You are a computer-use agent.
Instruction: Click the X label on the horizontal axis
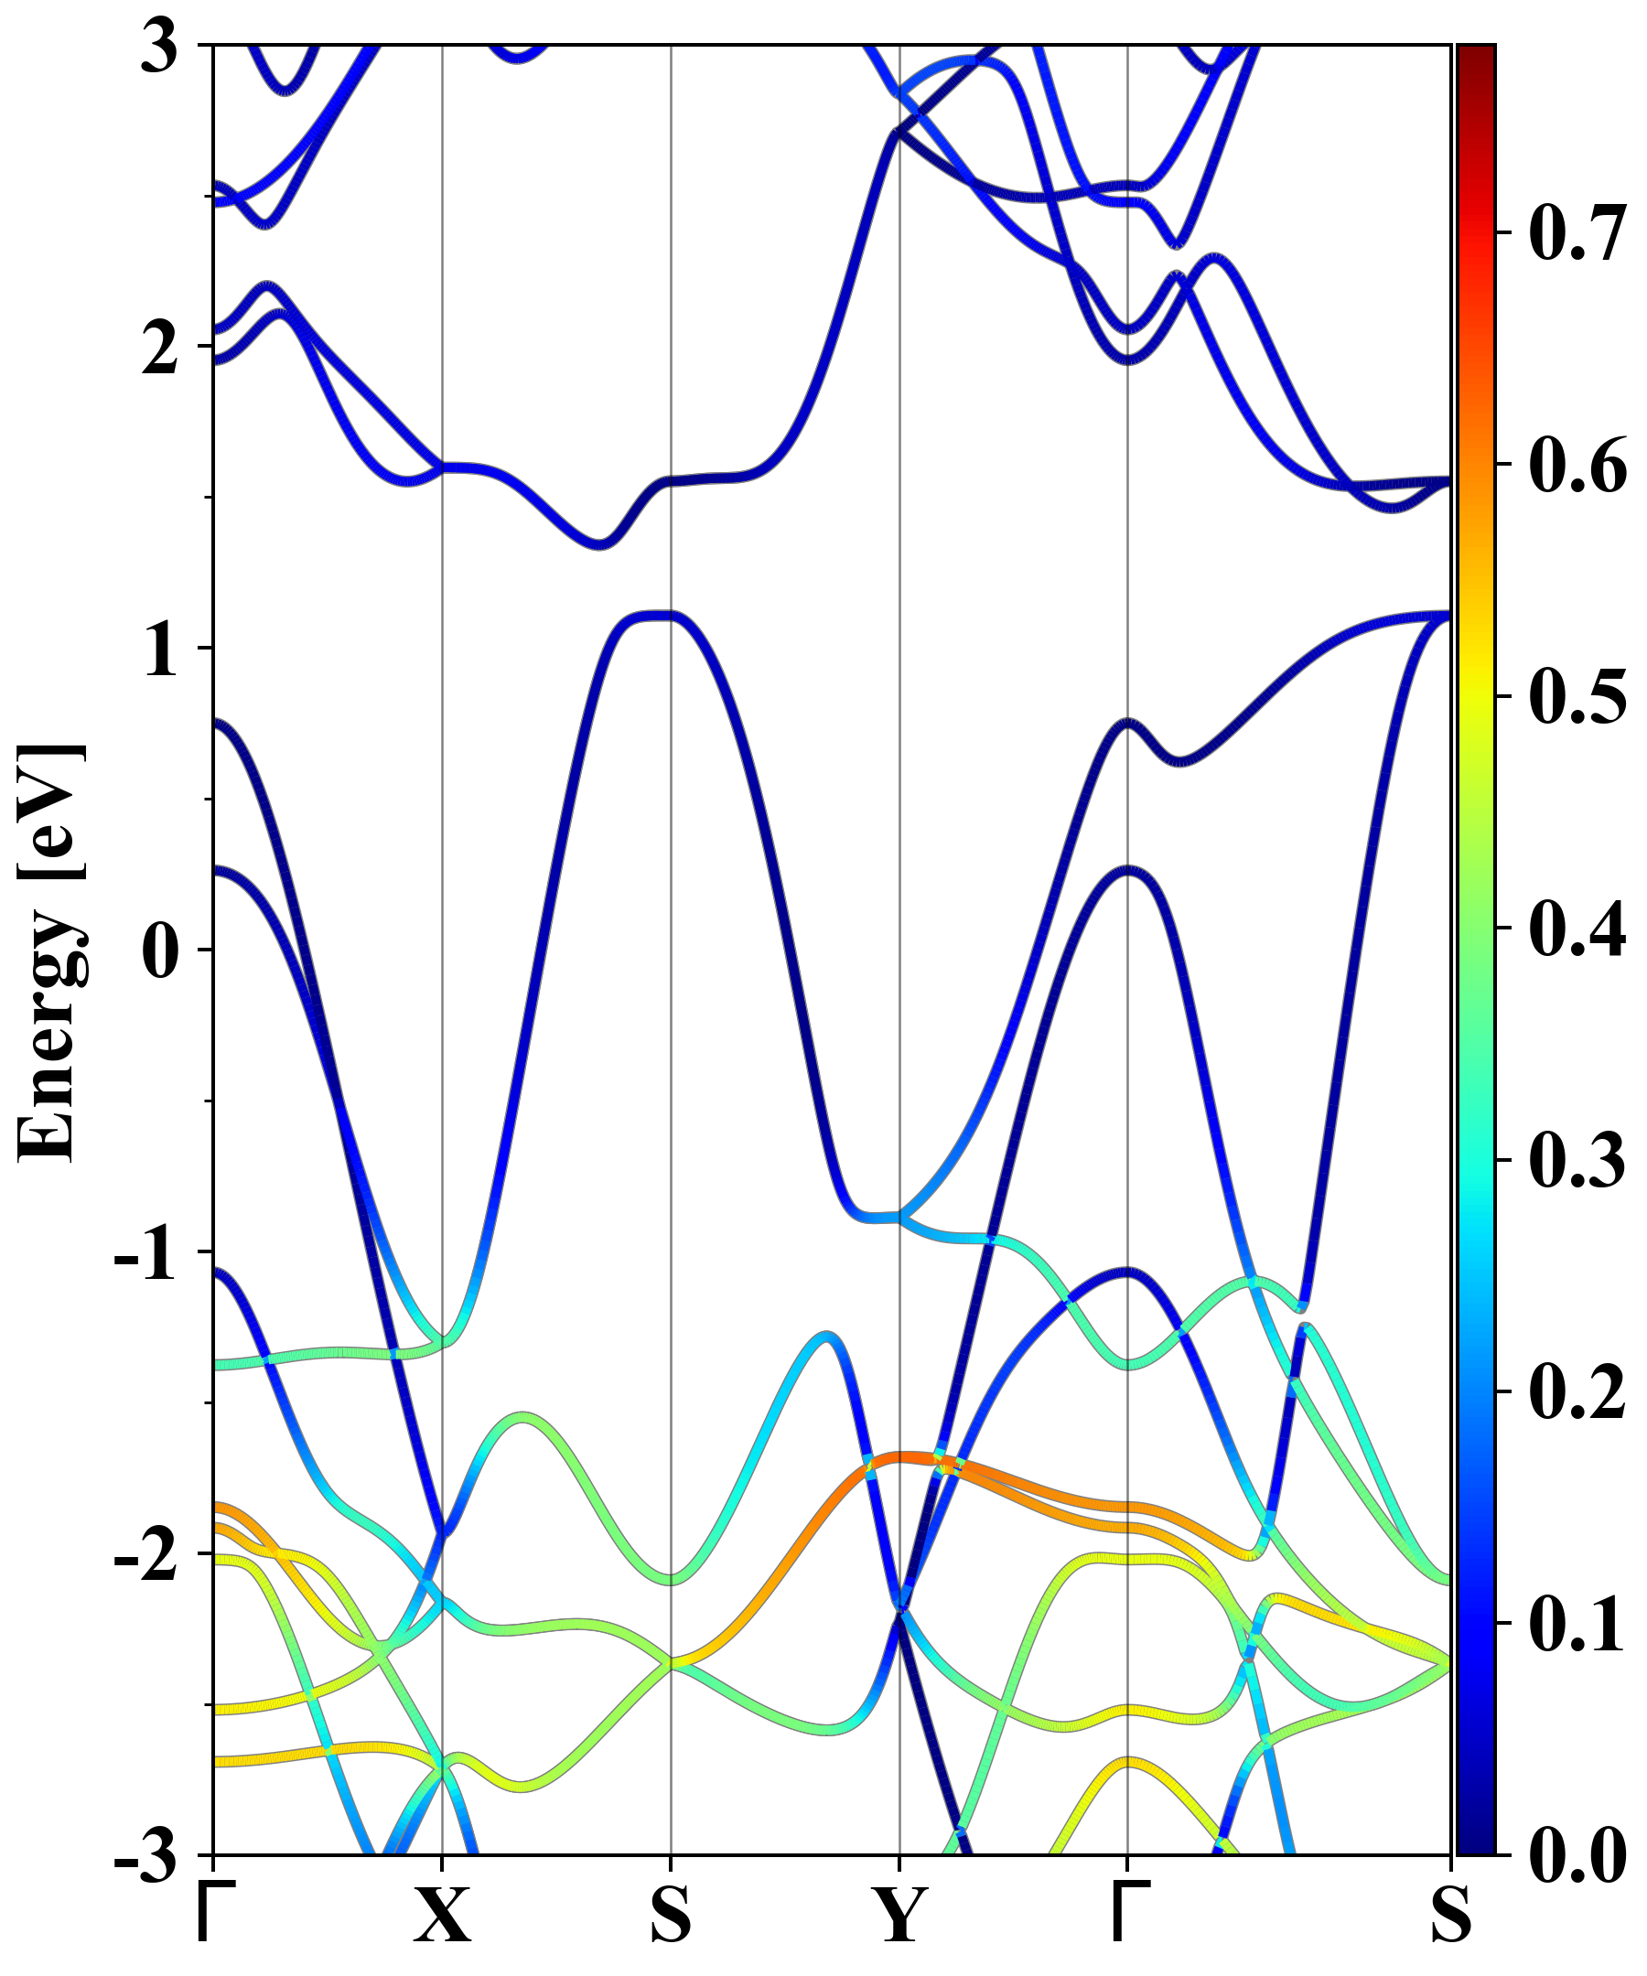pos(442,1915)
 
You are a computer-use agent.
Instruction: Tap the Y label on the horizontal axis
pos(899,1915)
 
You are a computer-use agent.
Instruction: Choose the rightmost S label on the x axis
pos(1450,1915)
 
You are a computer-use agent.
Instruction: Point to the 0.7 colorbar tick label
pos(1577,232)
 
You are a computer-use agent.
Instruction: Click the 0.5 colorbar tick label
pos(1577,697)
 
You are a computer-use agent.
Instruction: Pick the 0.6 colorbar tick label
pos(1577,465)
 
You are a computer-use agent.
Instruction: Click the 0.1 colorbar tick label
pos(1577,1625)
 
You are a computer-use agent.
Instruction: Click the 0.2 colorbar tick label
pos(1577,1392)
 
